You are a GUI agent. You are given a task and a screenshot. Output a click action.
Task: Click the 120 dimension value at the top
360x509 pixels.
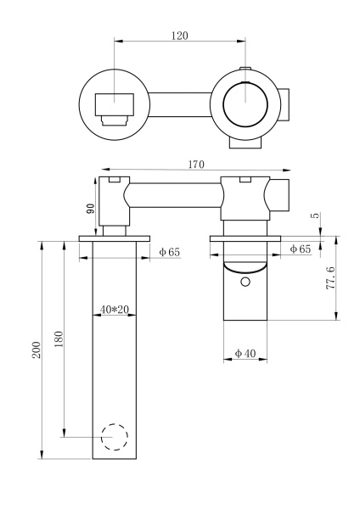179,36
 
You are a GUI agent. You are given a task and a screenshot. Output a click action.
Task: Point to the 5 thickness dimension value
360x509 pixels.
316,215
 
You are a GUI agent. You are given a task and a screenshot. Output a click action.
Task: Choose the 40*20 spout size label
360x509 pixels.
115,310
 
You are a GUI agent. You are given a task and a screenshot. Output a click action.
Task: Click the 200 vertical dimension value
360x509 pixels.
37,350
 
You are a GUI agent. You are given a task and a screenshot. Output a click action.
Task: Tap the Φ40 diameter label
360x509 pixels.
245,353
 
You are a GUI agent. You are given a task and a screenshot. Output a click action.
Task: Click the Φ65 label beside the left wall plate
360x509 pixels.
170,252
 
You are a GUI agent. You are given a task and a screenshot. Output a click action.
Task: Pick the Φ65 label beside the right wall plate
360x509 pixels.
300,249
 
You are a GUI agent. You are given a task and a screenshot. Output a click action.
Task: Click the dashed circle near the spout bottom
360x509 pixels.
114,438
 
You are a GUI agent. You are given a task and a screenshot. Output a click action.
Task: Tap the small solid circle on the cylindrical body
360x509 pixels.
245,281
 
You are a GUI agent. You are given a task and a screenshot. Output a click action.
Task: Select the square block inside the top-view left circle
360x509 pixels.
115,105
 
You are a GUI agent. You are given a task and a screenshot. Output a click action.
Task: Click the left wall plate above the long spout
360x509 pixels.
114,238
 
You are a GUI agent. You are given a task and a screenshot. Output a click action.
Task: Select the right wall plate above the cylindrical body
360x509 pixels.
246,238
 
